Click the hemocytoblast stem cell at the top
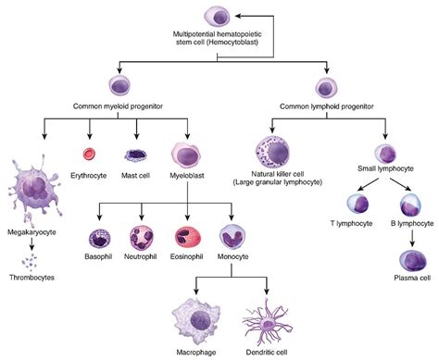coord(219,16)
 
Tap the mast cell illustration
coord(136,156)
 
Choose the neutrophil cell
coord(143,239)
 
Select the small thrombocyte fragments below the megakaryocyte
coord(32,260)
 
